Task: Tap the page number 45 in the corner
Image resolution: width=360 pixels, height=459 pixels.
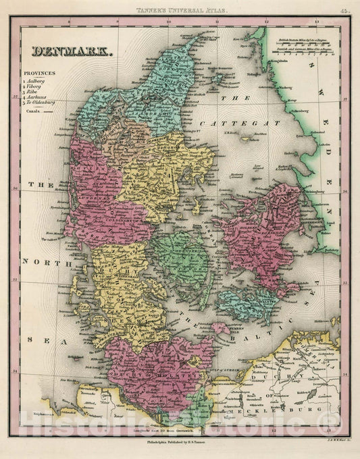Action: [x=344, y=11]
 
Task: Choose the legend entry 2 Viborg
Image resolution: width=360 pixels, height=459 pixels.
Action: [x=39, y=86]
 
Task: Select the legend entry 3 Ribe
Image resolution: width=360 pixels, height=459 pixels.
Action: [x=37, y=92]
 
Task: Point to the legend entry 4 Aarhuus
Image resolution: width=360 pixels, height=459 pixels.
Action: [x=41, y=97]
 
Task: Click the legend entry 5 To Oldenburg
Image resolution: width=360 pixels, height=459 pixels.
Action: [x=45, y=103]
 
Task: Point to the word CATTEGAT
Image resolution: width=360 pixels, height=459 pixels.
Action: [x=236, y=124]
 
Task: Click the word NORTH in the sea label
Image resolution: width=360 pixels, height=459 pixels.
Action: [x=38, y=261]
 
